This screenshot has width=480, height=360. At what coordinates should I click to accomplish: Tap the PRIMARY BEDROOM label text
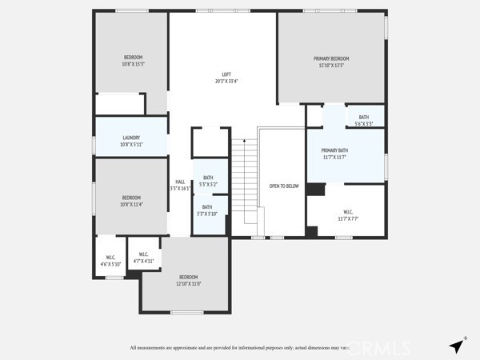[x=330, y=58]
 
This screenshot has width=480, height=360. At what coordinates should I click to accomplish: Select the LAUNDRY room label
[x=131, y=138]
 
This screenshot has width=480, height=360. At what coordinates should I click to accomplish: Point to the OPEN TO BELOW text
[x=283, y=186]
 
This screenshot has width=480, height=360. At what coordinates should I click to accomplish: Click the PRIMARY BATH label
[x=334, y=150]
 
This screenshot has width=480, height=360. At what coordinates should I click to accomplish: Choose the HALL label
[x=180, y=182]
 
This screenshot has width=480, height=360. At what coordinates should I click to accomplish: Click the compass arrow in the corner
[x=457, y=346]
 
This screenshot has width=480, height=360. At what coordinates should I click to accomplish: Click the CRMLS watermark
[x=376, y=347]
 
